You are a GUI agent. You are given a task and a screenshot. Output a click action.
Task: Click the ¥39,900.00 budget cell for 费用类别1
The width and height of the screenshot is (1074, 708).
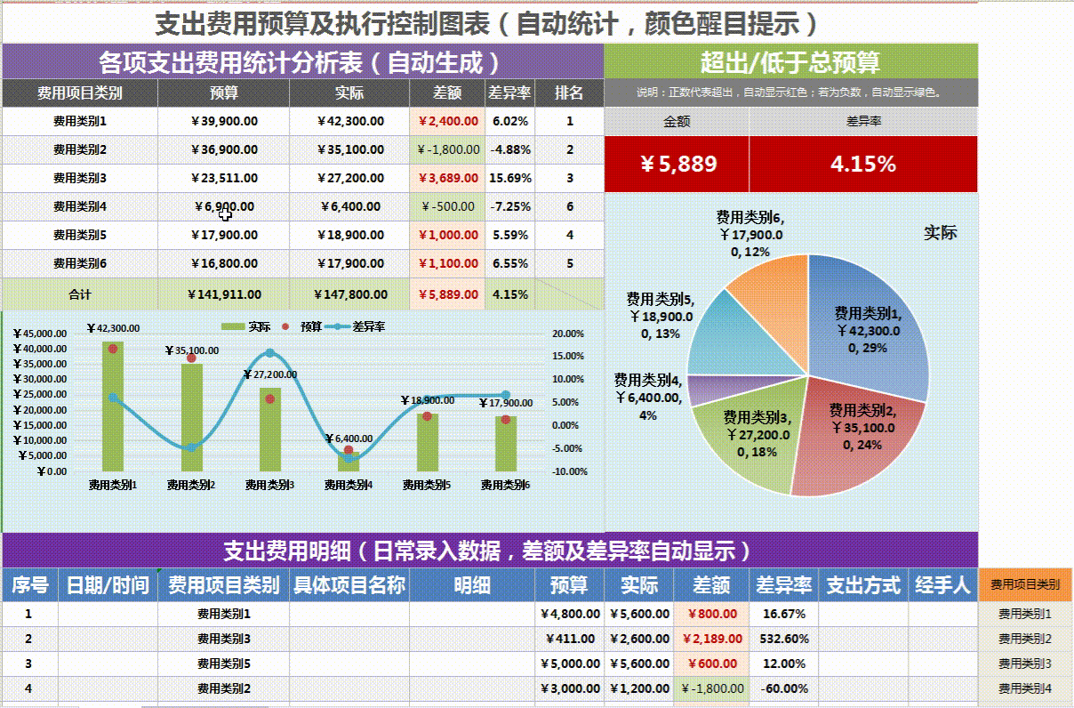point(224,121)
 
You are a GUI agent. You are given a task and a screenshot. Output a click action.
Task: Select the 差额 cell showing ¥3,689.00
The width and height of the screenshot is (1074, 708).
point(447,178)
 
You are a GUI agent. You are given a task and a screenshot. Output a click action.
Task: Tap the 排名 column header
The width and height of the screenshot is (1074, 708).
point(569,93)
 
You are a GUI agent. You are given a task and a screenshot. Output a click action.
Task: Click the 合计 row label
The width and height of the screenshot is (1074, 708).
point(80,294)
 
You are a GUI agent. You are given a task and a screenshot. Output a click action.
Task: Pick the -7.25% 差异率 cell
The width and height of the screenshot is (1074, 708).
point(510,206)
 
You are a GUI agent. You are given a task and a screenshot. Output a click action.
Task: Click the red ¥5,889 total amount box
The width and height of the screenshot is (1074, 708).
point(677,164)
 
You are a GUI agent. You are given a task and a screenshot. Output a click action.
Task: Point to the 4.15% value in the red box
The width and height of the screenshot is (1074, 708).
point(862,164)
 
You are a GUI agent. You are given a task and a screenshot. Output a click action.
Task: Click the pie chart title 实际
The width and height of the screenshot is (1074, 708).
point(940,233)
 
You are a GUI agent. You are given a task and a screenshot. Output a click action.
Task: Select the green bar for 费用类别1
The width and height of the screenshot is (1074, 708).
point(113,409)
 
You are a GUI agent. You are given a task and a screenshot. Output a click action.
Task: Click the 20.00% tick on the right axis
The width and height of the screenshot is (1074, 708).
point(568,334)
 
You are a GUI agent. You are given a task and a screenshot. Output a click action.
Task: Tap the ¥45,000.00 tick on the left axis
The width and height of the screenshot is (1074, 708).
point(40,334)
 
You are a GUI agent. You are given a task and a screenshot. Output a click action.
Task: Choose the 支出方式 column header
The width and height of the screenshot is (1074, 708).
point(862,585)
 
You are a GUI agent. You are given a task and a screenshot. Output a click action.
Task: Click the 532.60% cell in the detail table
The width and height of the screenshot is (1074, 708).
point(784,639)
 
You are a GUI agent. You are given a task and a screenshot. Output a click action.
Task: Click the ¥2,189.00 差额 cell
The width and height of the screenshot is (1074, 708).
point(711,639)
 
